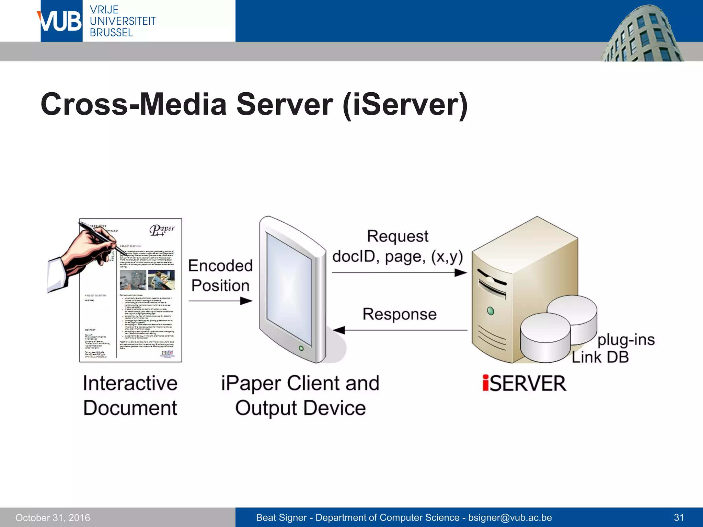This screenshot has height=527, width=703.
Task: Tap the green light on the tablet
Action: click(301, 348)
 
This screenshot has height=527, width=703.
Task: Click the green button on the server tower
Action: click(491, 311)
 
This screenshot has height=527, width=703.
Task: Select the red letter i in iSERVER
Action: click(486, 383)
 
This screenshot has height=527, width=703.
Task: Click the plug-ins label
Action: click(626, 340)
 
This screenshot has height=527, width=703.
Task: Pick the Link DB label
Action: click(600, 357)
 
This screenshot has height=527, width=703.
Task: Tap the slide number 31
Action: click(679, 517)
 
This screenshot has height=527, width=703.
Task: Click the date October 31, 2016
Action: click(53, 517)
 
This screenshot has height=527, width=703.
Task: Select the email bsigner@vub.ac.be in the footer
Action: click(510, 517)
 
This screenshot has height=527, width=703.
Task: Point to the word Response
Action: click(400, 314)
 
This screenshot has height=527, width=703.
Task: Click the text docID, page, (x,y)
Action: click(397, 257)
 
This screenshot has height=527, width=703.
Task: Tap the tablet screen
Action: click(289, 288)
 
